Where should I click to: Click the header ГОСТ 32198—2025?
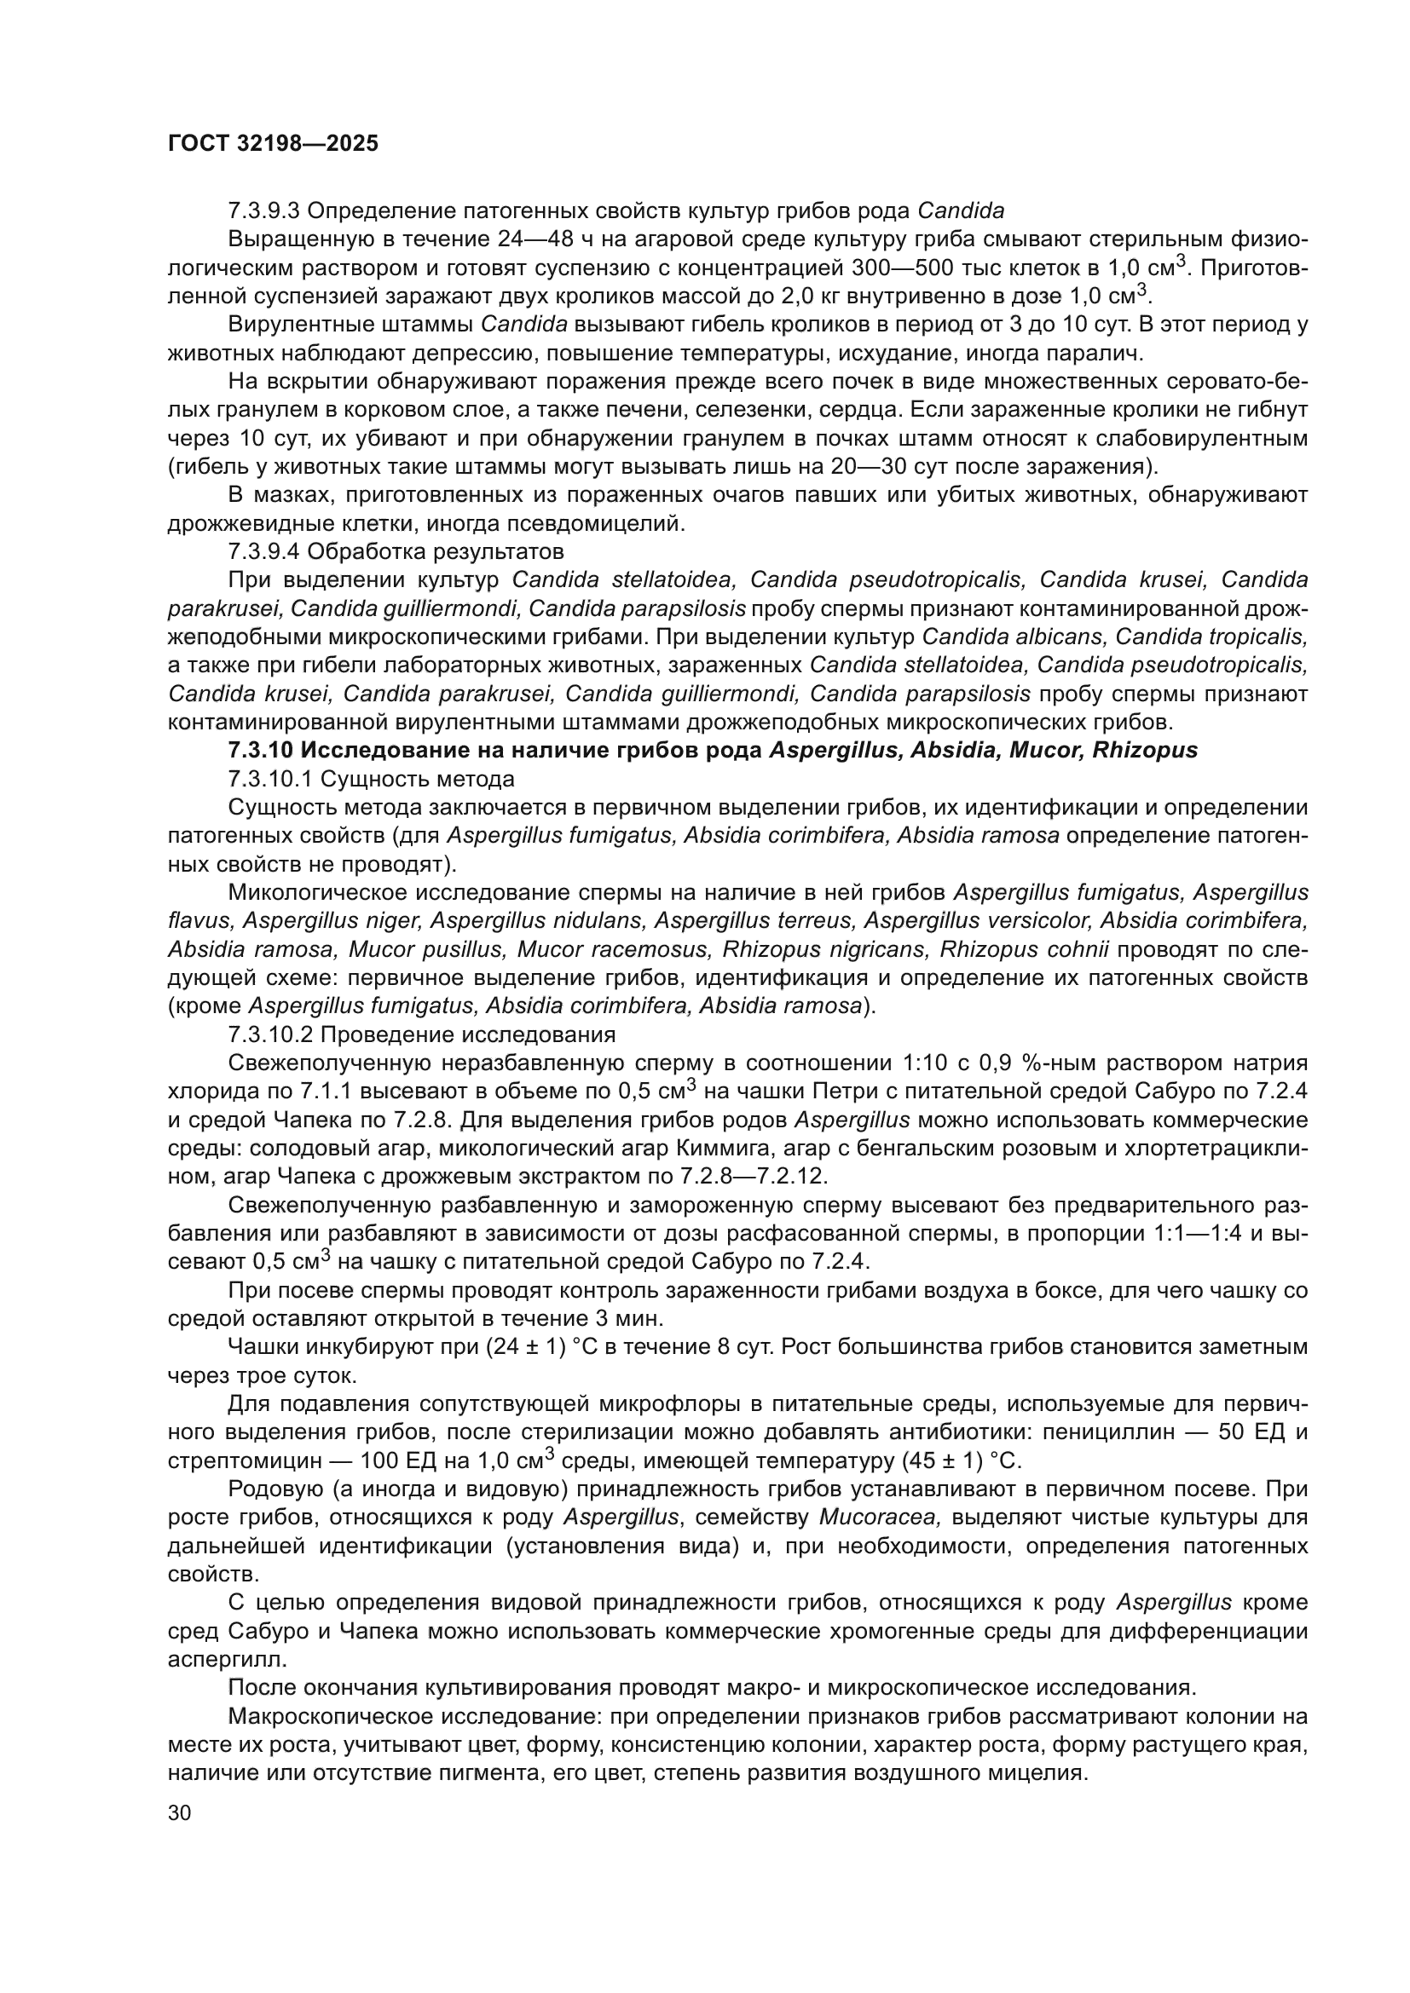click(273, 144)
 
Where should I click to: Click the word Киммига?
click(725, 1149)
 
